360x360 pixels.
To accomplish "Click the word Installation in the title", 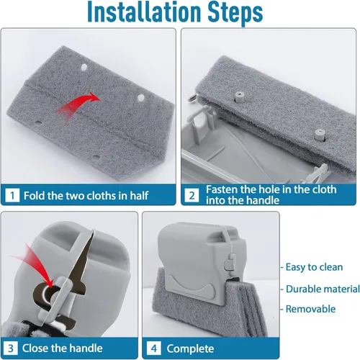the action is coord(144,12).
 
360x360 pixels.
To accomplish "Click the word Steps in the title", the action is coord(235,13).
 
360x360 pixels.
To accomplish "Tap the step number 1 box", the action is coord(12,196).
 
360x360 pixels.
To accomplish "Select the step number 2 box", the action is coord(192,196).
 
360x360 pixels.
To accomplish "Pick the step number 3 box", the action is coord(10,348).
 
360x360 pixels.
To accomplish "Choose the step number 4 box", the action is coord(154,348).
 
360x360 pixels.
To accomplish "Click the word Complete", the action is coord(190,348).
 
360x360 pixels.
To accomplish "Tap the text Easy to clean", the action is coord(314,267).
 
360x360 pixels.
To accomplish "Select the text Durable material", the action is coord(323,289).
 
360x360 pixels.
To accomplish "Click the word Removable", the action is coord(310,309).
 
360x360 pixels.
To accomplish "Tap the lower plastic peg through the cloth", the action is coord(320,135).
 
